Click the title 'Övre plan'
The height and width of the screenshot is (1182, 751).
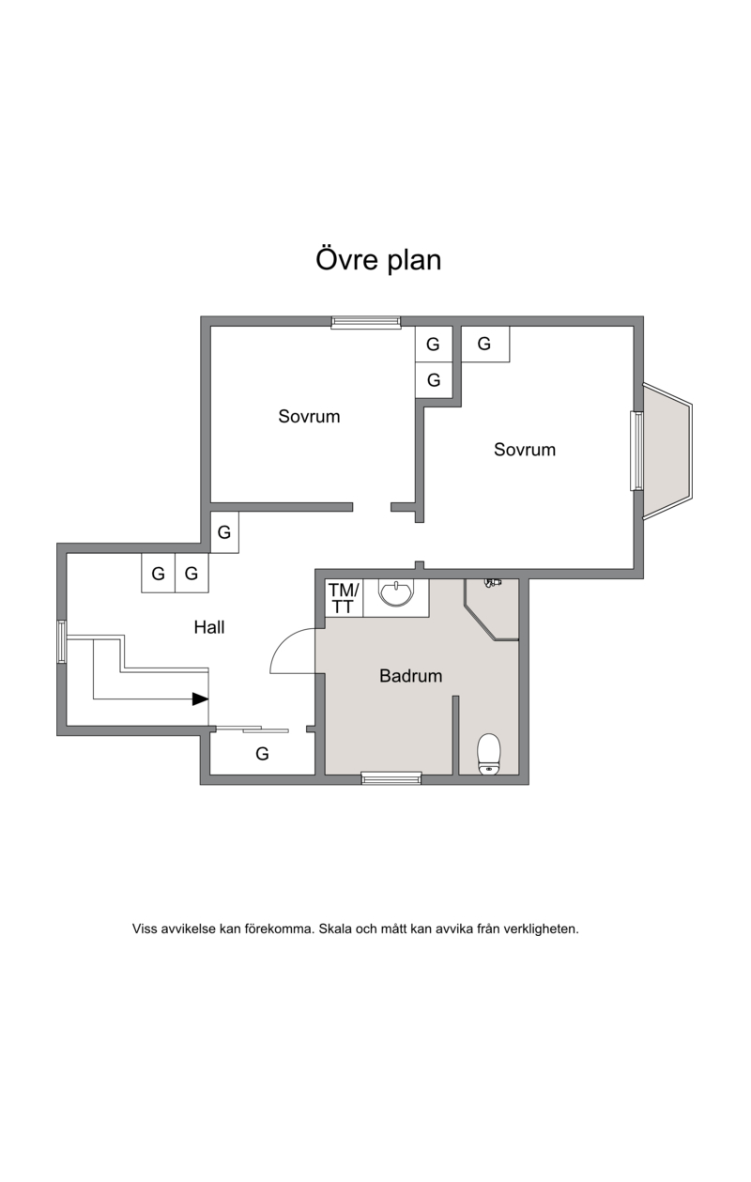pos(378,260)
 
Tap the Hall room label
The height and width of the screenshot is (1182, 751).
pos(209,627)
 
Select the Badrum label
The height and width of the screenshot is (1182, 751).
pos(410,675)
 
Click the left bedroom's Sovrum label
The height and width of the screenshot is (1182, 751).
pos(309,416)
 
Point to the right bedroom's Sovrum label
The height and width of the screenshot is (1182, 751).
pos(525,450)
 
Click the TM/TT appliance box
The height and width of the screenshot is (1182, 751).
pos(344,598)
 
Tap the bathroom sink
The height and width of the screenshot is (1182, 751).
pos(396,593)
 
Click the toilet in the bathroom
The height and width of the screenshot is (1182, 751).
pos(489,754)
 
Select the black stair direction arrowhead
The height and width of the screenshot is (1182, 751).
pos(200,699)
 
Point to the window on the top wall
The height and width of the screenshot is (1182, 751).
pos(366,322)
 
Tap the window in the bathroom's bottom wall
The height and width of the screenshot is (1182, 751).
pos(391,778)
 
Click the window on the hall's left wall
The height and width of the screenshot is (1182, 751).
pos(62,641)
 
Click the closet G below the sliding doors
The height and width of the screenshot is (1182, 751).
pos(262,754)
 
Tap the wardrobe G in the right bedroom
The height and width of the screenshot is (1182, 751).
pos(485,344)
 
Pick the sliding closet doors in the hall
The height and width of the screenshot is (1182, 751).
pos(253,729)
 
